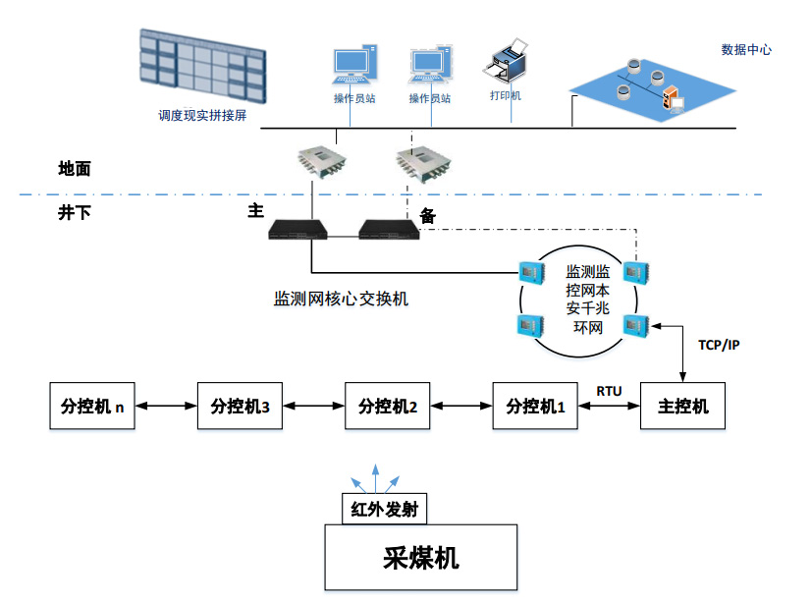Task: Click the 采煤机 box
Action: click(421, 559)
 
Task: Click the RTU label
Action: click(609, 391)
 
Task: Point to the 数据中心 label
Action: click(746, 49)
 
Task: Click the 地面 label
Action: click(75, 169)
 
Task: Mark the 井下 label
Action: click(75, 212)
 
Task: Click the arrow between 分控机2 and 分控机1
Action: click(461, 406)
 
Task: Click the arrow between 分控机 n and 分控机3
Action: click(166, 406)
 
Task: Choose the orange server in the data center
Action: click(675, 98)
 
